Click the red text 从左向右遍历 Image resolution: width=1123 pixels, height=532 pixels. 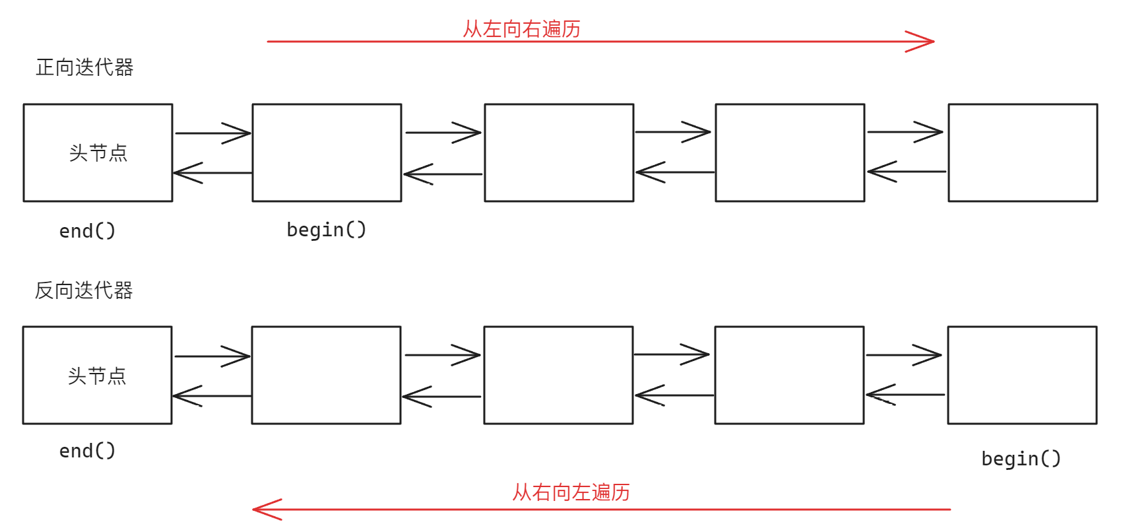(x=521, y=29)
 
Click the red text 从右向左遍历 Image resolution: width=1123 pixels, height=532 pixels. (x=571, y=492)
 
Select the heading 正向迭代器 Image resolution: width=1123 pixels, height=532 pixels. (x=84, y=67)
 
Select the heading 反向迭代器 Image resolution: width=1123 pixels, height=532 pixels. (x=84, y=290)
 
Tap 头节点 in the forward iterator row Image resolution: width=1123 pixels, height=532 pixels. (x=98, y=153)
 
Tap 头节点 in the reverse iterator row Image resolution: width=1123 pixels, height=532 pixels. (x=97, y=376)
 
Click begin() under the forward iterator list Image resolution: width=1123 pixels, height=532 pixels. (x=326, y=230)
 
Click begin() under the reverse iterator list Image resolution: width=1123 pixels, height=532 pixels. (x=1021, y=459)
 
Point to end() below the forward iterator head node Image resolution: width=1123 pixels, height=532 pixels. (x=87, y=231)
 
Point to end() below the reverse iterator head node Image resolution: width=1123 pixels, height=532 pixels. (x=87, y=451)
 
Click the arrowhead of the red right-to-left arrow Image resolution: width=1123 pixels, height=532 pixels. (x=264, y=510)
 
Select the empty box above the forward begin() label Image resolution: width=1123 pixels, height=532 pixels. (x=327, y=152)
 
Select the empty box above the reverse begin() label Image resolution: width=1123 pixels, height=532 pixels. (x=1022, y=375)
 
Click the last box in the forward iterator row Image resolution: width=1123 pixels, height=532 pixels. (x=1023, y=152)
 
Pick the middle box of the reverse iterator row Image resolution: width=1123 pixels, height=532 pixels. (x=558, y=375)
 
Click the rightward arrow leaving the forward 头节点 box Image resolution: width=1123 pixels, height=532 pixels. (x=212, y=133)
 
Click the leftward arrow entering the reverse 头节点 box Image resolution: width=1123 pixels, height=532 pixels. (x=211, y=396)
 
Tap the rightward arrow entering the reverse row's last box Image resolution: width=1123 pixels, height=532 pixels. (x=904, y=355)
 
